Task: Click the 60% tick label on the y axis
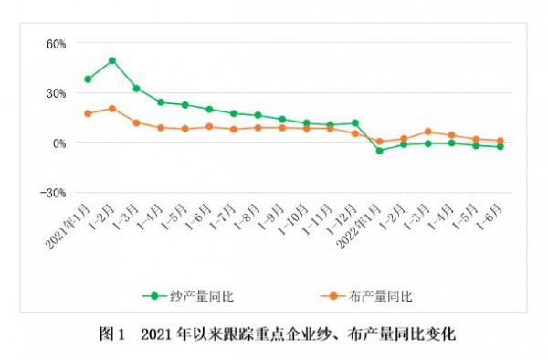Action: [57, 43]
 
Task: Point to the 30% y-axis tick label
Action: [57, 92]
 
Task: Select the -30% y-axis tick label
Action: [55, 193]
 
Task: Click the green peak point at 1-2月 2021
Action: [112, 60]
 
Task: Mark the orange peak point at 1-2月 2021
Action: [112, 108]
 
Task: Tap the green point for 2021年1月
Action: [88, 79]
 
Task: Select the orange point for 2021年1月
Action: [88, 113]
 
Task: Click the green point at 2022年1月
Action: [379, 150]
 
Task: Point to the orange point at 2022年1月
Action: [379, 142]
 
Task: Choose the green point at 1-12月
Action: [355, 122]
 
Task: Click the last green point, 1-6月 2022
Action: [501, 146]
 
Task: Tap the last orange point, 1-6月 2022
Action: [501, 141]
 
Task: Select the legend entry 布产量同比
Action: [377, 295]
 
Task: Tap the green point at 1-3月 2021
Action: [136, 89]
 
